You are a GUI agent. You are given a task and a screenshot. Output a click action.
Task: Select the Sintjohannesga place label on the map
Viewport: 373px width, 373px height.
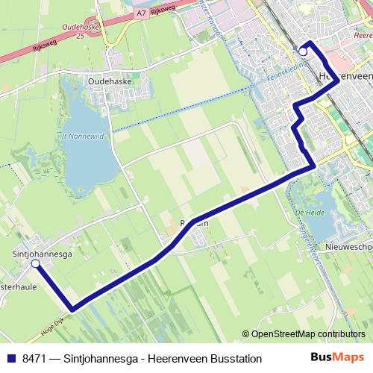click(43, 254)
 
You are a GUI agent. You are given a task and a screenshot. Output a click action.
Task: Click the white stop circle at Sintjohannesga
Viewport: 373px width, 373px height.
click(35, 263)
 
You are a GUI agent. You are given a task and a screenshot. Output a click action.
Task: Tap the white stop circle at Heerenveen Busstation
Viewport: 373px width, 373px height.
click(302, 51)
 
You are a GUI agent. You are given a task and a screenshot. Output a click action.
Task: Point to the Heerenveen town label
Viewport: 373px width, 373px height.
click(345, 76)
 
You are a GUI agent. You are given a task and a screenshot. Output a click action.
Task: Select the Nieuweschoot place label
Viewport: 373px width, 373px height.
click(348, 247)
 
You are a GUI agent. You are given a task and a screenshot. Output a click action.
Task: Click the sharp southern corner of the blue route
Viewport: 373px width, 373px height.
click(72, 308)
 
